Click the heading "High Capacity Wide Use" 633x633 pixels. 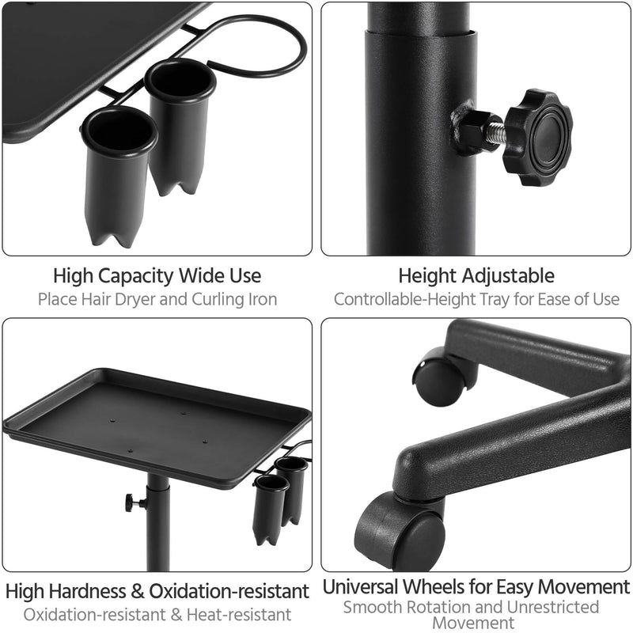point(157,276)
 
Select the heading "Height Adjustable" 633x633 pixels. point(476,276)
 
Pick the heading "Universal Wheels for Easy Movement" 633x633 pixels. point(476,587)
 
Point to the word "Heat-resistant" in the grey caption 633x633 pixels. point(247,615)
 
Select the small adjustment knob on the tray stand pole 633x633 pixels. point(133,502)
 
